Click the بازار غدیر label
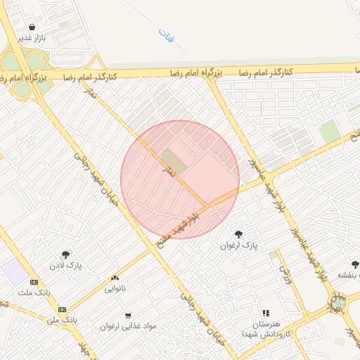(32, 38)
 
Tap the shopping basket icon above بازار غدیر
(32, 27)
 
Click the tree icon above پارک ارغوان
(238, 233)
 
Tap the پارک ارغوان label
(239, 245)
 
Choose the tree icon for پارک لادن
(65, 255)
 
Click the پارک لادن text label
(65, 266)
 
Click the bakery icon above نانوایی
(115, 278)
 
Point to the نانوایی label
(115, 288)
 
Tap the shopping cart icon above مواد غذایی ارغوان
(127, 315)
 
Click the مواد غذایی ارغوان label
(127, 326)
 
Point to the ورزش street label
(285, 268)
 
